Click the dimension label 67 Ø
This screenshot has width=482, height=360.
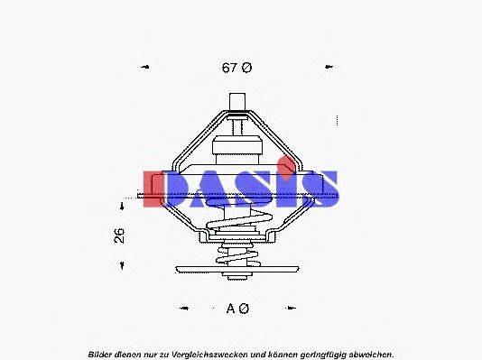click(x=236, y=67)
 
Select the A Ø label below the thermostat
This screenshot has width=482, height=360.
click(x=237, y=309)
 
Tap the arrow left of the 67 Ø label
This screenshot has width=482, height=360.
click(x=145, y=67)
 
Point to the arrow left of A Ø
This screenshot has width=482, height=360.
click(x=184, y=309)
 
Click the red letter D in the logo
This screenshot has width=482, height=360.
click(x=165, y=189)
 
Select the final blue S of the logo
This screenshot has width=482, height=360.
click(x=317, y=189)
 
